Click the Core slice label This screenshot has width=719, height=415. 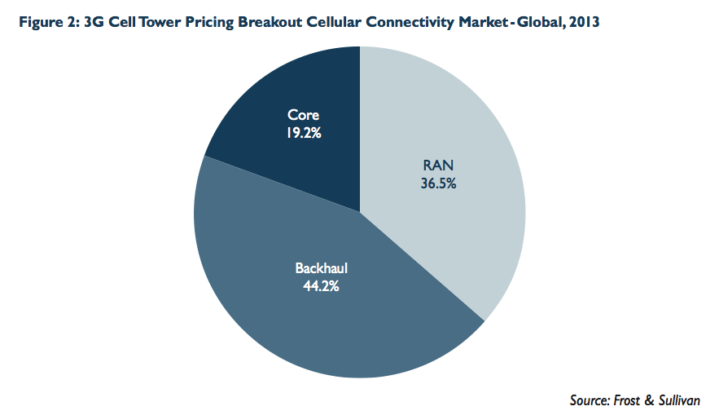tap(304, 116)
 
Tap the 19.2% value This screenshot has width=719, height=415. tap(304, 131)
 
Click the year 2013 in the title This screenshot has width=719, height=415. tap(584, 23)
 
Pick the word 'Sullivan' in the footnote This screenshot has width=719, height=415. tap(682, 400)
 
